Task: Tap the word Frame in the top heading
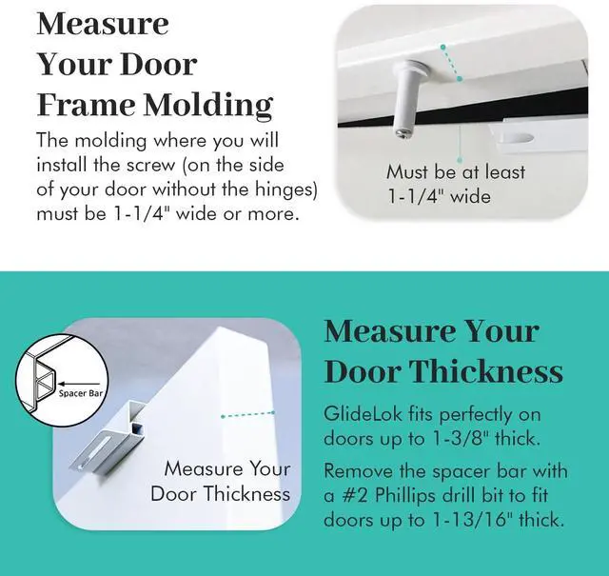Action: point(83,104)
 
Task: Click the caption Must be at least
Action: point(455,173)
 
